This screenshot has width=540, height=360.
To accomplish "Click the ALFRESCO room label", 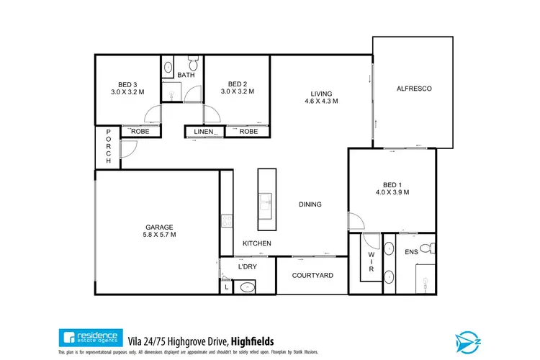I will tap(413, 89).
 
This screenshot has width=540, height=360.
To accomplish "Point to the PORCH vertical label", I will tap(108, 146).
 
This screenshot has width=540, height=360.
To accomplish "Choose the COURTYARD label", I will tap(312, 275).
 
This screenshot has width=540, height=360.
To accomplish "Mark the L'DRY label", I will tap(247, 267).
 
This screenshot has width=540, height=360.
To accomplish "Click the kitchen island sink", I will tap(266, 200).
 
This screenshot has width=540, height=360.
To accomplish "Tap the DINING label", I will tap(310, 204).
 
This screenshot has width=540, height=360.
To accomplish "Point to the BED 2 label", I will tap(237, 83).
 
